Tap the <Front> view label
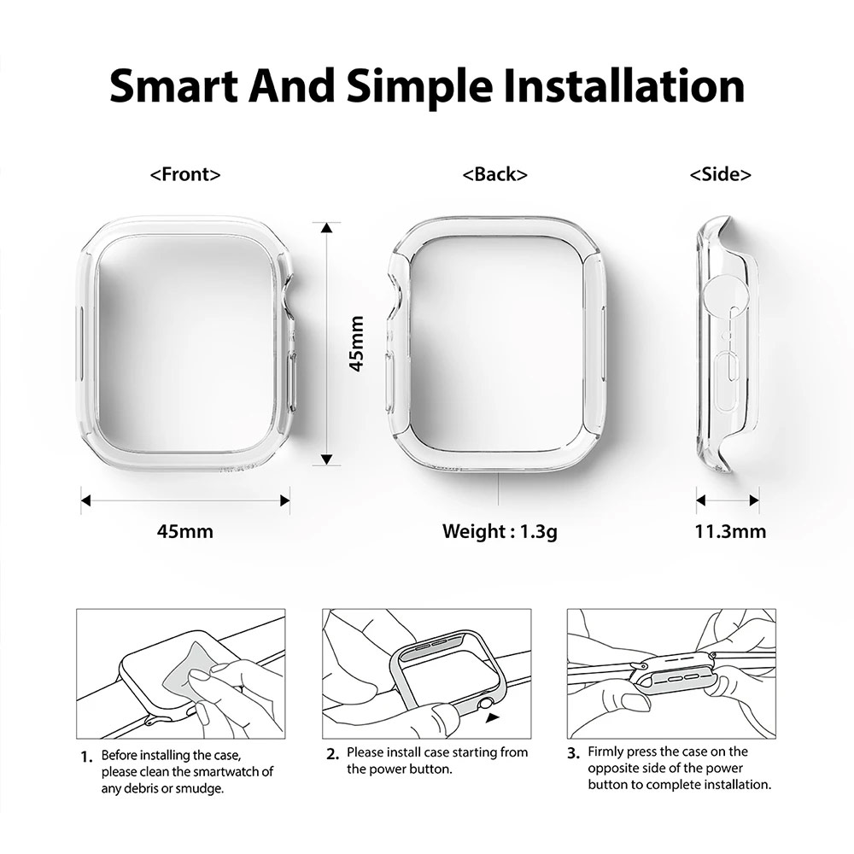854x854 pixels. click(185, 174)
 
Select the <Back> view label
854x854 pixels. click(494, 174)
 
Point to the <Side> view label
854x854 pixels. click(721, 174)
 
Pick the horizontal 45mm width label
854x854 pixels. click(185, 531)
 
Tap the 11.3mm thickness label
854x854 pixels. click(729, 531)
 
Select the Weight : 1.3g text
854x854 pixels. click(500, 531)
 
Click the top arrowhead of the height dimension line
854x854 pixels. click(326, 227)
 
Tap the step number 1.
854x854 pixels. click(85, 757)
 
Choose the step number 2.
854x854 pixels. click(333, 754)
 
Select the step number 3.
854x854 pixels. click(574, 753)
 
